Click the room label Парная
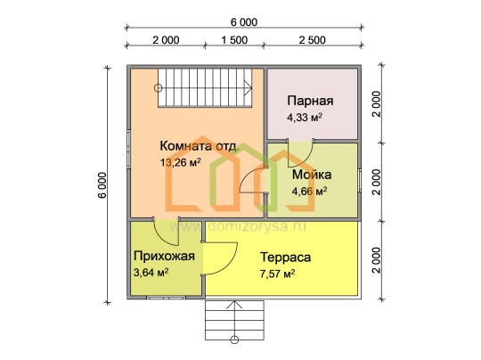[310, 101]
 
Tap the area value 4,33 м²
[305, 118]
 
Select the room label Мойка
[312, 175]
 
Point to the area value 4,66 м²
[309, 192]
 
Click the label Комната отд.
[200, 146]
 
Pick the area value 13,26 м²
[180, 162]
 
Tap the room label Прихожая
[164, 256]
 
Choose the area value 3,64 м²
[151, 272]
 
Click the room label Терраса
[285, 258]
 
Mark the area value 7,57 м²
[277, 274]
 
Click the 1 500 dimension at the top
[234, 40]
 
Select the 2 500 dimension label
[313, 40]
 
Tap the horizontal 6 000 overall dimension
[244, 22]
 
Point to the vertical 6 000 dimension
[102, 185]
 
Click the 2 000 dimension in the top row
[166, 40]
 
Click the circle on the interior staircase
[158, 88]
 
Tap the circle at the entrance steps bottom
[234, 340]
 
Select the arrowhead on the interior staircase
[249, 88]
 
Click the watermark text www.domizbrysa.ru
[238, 227]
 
